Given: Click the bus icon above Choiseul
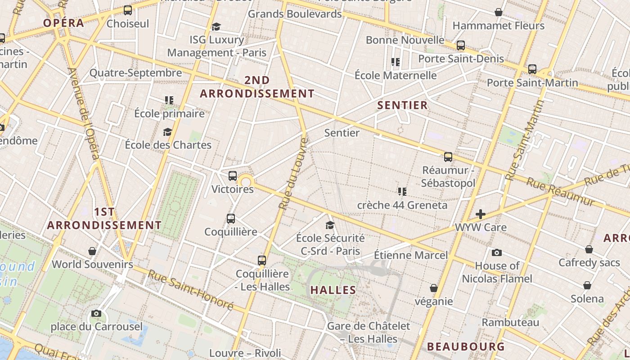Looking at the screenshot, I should tap(128, 10).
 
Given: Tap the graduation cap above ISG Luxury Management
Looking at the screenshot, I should tap(216, 27).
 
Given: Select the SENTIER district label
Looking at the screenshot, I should tap(402, 105).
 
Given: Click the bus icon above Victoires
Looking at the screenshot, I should tap(233, 176).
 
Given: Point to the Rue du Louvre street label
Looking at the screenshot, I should tap(293, 174).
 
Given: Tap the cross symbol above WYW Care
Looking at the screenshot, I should tap(481, 214).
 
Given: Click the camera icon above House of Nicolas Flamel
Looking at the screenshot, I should tap(497, 252).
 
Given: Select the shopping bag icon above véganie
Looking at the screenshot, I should tap(434, 288).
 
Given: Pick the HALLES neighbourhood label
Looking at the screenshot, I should tap(333, 290).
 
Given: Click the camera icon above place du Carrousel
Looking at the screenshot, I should tap(96, 313).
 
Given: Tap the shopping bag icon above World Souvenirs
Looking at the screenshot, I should tap(92, 251).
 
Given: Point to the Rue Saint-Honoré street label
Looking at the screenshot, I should tap(191, 290).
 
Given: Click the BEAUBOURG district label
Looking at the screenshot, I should tap(466, 346).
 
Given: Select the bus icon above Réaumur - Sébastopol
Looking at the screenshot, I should tap(448, 157).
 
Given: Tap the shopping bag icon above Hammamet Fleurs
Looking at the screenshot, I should tap(498, 12).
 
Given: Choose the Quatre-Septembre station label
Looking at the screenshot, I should tap(135, 73).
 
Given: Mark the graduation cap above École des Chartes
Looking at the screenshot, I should tap(167, 132).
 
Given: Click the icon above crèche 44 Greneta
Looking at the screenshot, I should tap(402, 192).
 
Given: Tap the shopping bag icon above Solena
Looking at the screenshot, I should tap(587, 285).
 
